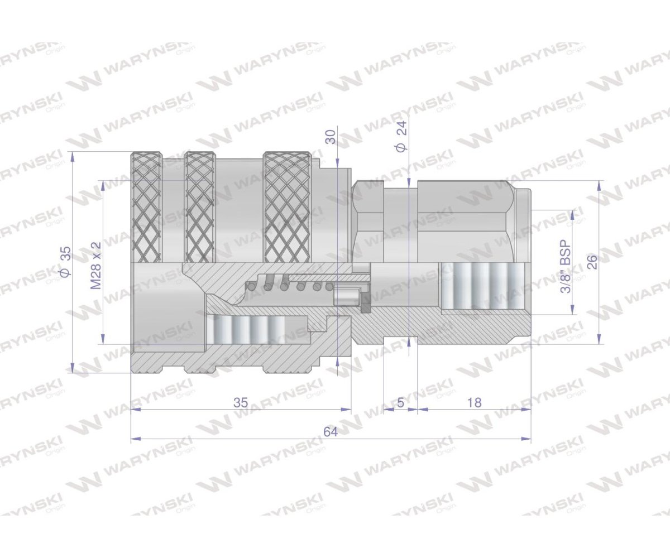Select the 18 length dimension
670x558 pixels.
(x=473, y=402)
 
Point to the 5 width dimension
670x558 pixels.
(x=400, y=402)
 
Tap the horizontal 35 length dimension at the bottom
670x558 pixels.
(x=241, y=402)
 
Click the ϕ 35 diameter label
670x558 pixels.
(x=65, y=262)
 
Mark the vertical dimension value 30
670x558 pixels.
(x=331, y=137)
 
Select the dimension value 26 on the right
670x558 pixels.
(x=592, y=262)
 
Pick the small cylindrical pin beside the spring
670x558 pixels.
(x=346, y=296)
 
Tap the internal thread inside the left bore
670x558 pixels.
(x=246, y=330)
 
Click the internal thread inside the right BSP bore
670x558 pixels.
(x=481, y=285)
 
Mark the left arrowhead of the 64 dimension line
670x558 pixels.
(x=135, y=439)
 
